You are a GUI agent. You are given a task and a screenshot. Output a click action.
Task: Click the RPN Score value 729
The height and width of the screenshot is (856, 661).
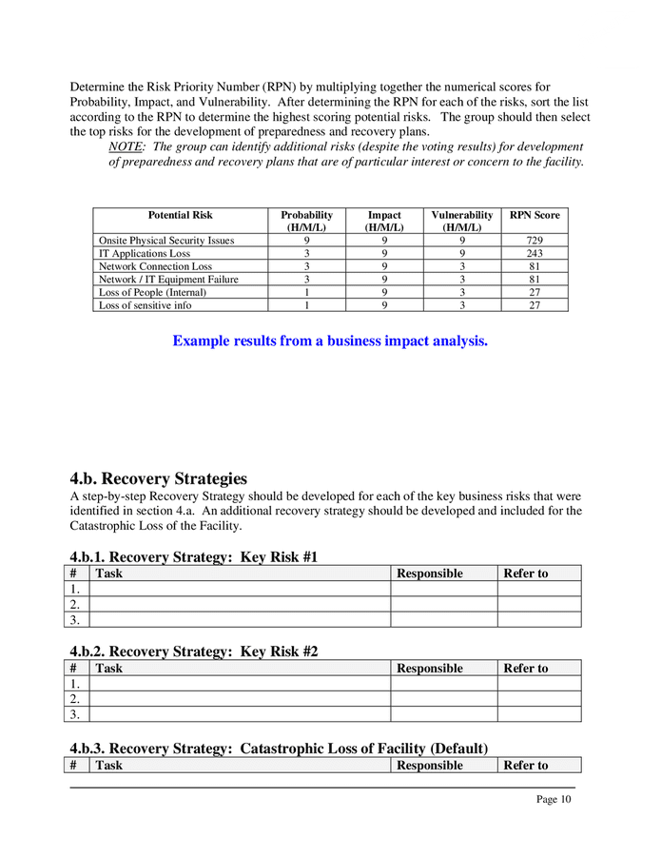(534, 241)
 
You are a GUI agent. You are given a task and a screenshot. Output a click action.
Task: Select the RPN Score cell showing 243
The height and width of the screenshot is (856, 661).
(534, 254)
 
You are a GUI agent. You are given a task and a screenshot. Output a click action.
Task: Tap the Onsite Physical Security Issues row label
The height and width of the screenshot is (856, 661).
(166, 241)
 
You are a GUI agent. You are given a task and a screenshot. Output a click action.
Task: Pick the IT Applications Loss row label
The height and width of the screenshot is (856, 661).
(145, 254)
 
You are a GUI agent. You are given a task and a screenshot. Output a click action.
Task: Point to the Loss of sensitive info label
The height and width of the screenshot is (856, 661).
(145, 305)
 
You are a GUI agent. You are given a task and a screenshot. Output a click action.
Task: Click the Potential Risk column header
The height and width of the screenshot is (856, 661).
(181, 216)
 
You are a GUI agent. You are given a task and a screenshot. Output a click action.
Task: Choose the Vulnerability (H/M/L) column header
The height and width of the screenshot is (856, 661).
(461, 222)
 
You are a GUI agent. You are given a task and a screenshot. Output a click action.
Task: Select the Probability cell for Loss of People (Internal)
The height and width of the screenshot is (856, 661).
(306, 293)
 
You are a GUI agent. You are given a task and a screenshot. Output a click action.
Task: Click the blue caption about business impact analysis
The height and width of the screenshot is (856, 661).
(330, 341)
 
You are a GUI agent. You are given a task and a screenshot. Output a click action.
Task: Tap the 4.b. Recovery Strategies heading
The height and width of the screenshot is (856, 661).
(158, 478)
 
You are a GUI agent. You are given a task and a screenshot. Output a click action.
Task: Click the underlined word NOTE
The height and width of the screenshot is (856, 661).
(126, 147)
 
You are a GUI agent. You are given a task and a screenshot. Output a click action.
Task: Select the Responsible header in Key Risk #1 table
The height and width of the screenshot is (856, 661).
(430, 574)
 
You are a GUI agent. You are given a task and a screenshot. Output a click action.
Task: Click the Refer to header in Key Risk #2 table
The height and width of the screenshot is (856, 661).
(525, 669)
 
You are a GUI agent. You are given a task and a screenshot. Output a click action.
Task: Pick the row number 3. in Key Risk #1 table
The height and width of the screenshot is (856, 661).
(77, 619)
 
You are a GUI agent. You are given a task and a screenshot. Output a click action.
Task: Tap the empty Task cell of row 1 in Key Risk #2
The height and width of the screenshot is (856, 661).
(239, 684)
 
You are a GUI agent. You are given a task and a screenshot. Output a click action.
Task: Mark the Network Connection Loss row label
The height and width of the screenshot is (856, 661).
(155, 267)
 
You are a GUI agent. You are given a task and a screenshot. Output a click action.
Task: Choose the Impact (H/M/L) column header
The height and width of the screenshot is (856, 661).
(384, 222)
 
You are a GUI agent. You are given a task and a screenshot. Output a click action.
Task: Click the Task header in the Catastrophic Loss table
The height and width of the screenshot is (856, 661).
(109, 766)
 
